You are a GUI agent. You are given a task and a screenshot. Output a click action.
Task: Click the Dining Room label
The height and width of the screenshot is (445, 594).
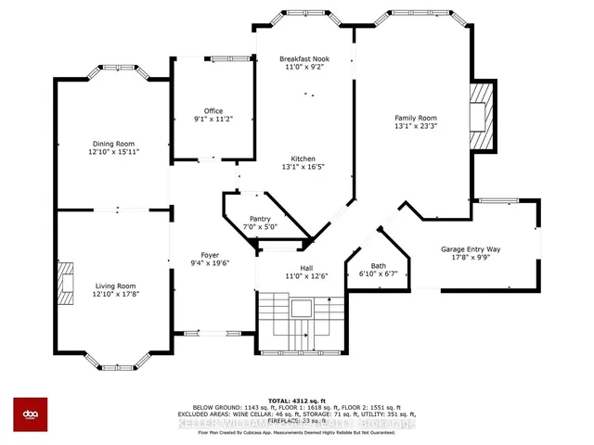pos(113,144)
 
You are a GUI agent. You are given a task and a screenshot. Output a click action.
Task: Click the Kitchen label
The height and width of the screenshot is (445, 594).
pos(304,159)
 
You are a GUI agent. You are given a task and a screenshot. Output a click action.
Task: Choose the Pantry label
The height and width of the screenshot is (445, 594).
pos(260,218)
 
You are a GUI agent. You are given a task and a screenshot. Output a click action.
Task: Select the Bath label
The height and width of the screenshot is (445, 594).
pos(378,266)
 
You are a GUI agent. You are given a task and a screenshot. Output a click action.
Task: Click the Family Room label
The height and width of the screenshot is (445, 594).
pos(415,118)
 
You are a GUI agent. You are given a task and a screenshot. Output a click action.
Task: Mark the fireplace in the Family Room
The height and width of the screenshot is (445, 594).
pos(481,116)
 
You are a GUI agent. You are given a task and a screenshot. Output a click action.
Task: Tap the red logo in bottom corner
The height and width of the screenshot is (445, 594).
pos(31,414)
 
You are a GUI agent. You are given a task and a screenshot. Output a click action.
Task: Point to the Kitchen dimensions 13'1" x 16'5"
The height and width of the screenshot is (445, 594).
pos(304,168)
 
